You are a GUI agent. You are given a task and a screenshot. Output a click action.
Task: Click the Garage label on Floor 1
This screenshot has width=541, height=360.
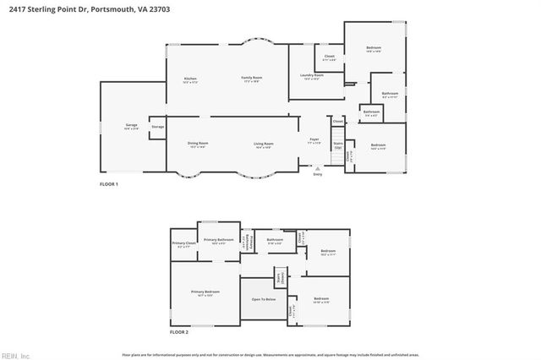(131, 128)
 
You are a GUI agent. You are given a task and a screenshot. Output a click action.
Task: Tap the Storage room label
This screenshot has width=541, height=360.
(158, 127)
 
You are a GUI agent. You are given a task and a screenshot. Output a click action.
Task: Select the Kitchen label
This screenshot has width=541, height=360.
(190, 79)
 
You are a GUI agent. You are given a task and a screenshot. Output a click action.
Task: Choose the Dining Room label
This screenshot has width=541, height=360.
(198, 144)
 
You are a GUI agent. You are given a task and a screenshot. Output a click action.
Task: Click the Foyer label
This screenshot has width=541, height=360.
(314, 139)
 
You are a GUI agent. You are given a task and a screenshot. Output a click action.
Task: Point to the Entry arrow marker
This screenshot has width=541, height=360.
(318, 168)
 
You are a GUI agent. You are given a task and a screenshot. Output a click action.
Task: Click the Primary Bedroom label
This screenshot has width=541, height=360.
(205, 293)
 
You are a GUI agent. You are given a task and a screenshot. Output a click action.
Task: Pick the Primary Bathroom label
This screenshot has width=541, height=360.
(218, 240)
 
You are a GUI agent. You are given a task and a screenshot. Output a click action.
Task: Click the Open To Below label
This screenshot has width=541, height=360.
(263, 299)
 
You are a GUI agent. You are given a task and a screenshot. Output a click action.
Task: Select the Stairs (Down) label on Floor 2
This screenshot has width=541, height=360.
(278, 277)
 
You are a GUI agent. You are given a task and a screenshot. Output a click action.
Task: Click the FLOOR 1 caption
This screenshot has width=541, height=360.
(109, 184)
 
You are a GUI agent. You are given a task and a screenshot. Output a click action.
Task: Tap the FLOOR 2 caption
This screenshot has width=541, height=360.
(178, 333)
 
